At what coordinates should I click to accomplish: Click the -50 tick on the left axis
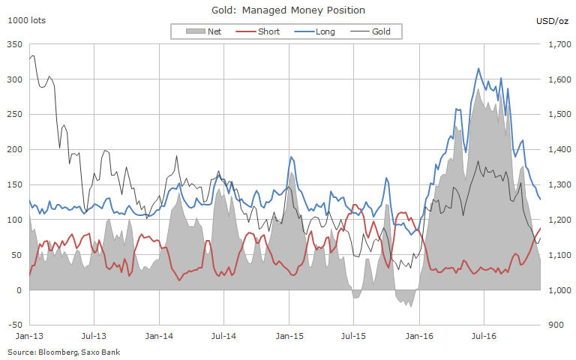15,325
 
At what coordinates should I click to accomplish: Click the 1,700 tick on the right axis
559,45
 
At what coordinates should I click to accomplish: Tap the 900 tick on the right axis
556,325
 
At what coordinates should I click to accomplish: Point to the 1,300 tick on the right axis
559,185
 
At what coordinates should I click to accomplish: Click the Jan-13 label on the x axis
28,338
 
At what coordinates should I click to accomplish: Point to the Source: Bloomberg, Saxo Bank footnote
64,352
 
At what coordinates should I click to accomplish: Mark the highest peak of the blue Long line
478,68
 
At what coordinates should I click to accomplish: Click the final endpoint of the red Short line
541,228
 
